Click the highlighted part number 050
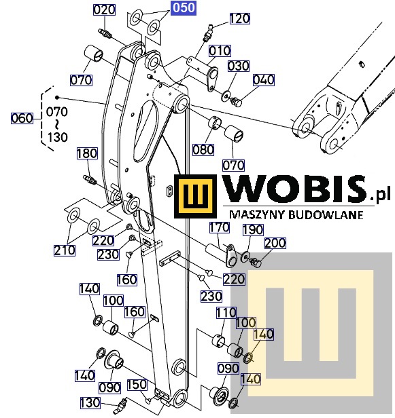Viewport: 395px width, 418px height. (x=184, y=7)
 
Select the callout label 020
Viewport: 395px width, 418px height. (x=104, y=10)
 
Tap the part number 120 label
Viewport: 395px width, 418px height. (x=239, y=19)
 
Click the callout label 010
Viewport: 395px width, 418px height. (x=220, y=51)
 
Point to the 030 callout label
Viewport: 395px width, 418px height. (x=239, y=66)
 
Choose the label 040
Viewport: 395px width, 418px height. (x=264, y=80)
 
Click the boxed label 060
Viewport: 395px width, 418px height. (x=22, y=118)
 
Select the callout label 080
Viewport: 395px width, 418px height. (x=203, y=150)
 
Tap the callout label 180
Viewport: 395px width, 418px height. (x=87, y=153)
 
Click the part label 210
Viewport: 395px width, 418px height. (x=65, y=250)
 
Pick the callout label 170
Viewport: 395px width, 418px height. (x=220, y=228)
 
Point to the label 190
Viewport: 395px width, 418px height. (x=253, y=230)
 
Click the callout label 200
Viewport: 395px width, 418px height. (x=275, y=243)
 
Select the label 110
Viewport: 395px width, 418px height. (x=226, y=313)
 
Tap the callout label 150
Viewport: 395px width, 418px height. (x=137, y=385)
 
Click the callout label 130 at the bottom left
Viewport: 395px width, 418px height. (x=90, y=403)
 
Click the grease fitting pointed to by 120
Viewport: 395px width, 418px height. (x=207, y=33)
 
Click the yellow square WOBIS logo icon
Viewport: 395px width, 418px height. (x=196, y=196)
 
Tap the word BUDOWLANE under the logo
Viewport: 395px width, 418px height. (x=326, y=215)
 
